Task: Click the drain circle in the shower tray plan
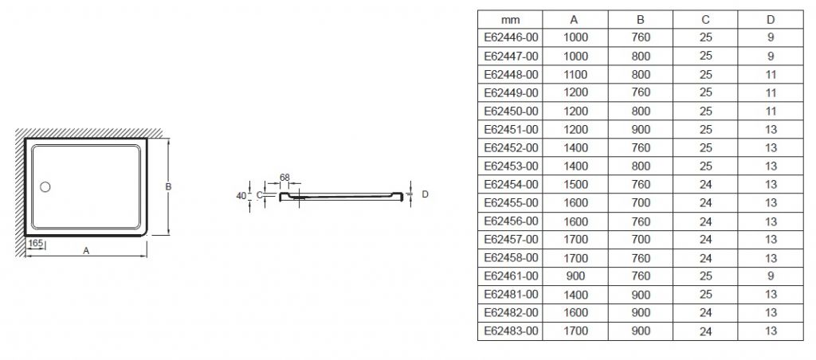click(x=45, y=186)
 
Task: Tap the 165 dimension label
click(x=35, y=243)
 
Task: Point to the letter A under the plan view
click(x=86, y=251)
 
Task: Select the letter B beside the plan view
click(x=169, y=186)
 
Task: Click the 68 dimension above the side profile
click(x=284, y=178)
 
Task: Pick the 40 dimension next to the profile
click(x=241, y=196)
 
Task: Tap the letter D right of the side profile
click(x=426, y=194)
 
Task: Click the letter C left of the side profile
click(x=259, y=195)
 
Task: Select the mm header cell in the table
click(x=511, y=20)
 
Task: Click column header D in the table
click(x=771, y=20)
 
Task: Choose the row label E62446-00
click(x=511, y=37)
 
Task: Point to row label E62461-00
click(x=511, y=276)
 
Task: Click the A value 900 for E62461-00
click(x=575, y=276)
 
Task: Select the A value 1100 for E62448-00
click(x=575, y=74)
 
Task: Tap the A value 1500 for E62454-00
click(x=575, y=184)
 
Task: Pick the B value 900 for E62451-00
click(x=641, y=130)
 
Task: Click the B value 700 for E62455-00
click(x=641, y=203)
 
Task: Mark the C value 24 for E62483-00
click(x=706, y=331)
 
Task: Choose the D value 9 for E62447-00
click(x=771, y=56)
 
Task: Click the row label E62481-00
click(x=511, y=295)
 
